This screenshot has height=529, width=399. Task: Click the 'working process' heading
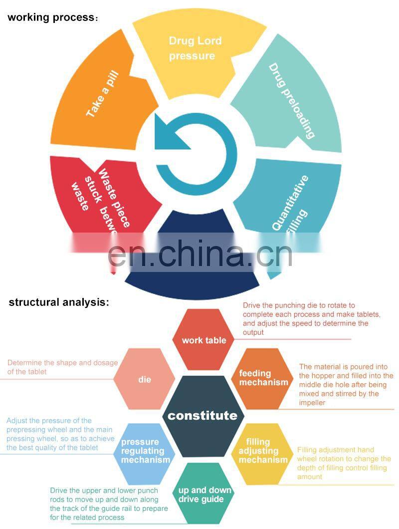pyautogui.click(x=52, y=17)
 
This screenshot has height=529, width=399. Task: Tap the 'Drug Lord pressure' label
pyautogui.click(x=195, y=48)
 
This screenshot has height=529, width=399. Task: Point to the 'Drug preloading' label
pyautogui.click(x=292, y=100)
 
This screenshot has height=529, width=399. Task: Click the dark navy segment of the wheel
pyautogui.click(x=192, y=279)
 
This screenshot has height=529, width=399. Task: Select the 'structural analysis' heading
pyautogui.click(x=58, y=302)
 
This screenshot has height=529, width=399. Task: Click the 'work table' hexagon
pyautogui.click(x=203, y=340)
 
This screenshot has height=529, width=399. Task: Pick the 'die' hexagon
pyautogui.click(x=144, y=380)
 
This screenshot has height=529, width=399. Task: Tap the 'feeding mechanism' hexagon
pyautogui.click(x=263, y=378)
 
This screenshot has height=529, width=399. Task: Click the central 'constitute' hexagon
pyautogui.click(x=202, y=415)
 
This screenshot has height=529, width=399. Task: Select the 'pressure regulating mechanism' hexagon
pyautogui.click(x=145, y=451)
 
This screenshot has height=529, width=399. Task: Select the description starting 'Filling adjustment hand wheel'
pyautogui.click(x=344, y=463)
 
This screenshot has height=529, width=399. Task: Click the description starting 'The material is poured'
pyautogui.click(x=346, y=384)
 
